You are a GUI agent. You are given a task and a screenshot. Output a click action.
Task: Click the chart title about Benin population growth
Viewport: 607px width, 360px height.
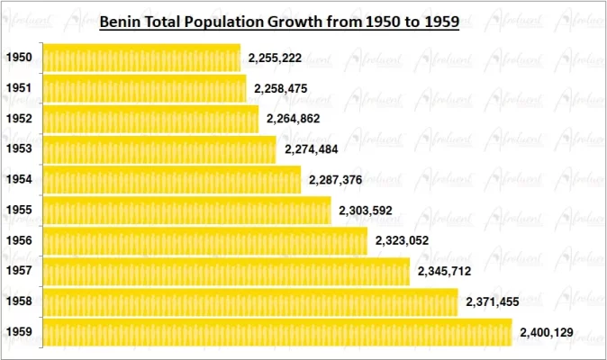tap(279, 20)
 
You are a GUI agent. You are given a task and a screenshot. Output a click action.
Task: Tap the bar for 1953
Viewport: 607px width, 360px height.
tap(159, 149)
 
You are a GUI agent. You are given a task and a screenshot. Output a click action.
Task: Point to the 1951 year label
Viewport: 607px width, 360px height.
tap(19, 88)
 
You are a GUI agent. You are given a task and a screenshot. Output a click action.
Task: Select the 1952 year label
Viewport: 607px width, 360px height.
tap(19, 119)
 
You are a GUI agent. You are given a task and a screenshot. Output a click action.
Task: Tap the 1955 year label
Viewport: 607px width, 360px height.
tap(19, 211)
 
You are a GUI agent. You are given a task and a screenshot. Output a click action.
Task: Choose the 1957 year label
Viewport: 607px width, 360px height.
tap(19, 271)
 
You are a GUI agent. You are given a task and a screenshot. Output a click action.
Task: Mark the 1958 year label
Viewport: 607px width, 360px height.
tap(19, 301)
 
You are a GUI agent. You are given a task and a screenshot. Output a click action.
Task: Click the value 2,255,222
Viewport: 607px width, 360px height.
tap(276, 58)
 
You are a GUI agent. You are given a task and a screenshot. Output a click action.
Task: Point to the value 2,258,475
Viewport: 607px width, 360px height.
tap(281, 88)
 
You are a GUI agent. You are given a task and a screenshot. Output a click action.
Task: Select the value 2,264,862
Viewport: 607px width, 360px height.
tap(293, 119)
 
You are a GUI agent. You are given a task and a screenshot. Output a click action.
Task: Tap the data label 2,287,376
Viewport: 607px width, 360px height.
tap(335, 180)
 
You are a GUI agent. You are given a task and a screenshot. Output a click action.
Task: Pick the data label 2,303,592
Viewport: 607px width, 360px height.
tap(366, 211)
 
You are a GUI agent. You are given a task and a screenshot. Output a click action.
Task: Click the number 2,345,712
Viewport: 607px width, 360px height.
tap(444, 271)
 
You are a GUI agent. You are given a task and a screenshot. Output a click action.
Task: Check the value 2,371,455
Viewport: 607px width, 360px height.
tap(493, 301)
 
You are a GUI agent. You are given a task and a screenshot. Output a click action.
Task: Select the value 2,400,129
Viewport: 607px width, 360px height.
tap(547, 332)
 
